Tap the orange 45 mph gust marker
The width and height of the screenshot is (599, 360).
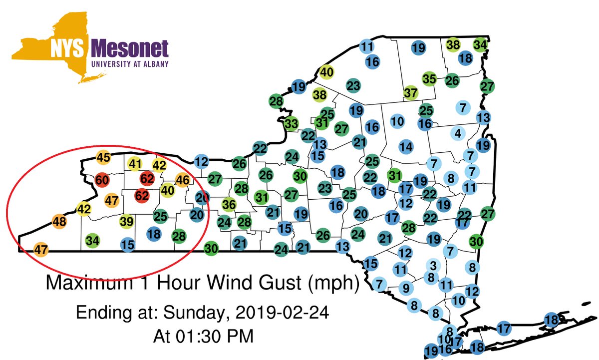103,158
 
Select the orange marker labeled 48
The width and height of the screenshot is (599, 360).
59,221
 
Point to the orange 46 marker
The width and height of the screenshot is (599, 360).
183,180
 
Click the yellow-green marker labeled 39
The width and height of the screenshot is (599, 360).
127,221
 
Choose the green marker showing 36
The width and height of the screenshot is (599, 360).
229,205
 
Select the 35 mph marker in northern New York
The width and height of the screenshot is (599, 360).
429,79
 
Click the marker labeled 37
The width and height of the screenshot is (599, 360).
411,93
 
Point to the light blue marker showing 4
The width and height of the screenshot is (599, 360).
458,133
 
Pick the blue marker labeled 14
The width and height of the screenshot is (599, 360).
406,147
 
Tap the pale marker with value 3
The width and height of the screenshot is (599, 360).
433,265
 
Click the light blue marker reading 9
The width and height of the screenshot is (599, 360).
406,288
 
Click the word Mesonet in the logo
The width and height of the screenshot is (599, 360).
130,49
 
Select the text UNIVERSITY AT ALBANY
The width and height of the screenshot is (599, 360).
130,64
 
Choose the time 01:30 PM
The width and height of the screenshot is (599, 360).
203,336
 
